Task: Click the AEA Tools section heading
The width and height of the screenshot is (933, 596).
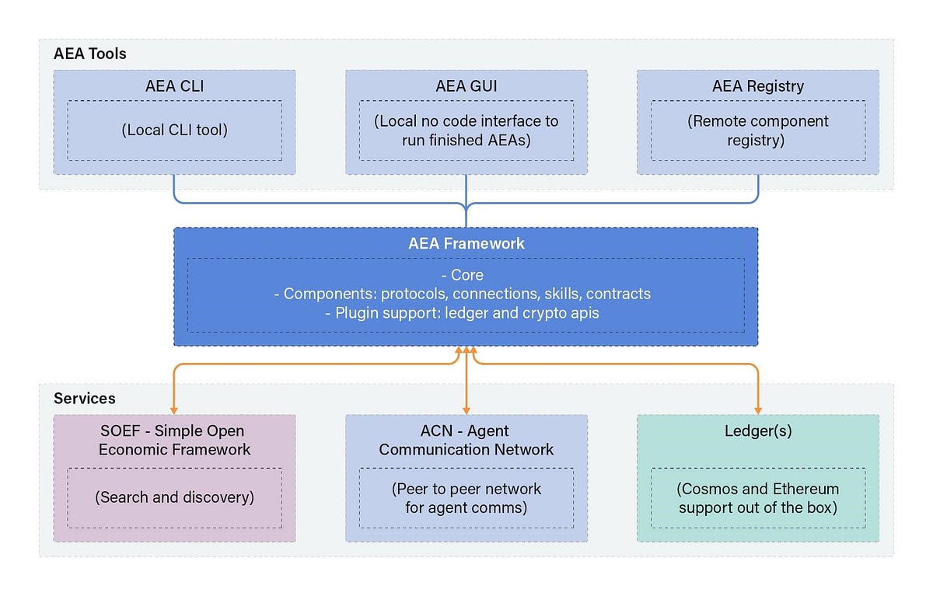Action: click(89, 54)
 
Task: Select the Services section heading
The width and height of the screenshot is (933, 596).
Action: click(84, 399)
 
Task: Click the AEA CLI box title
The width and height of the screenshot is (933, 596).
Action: click(174, 86)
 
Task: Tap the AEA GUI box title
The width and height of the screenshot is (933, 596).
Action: click(466, 86)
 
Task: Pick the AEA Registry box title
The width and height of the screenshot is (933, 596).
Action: click(757, 86)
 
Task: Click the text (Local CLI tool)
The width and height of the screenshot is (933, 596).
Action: click(174, 130)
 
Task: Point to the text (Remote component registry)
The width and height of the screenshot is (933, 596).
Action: click(757, 131)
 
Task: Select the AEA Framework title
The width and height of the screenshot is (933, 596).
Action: click(466, 243)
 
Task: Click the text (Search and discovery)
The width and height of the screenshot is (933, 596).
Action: click(174, 497)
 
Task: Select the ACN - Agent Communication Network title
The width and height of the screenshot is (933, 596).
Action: click(466, 440)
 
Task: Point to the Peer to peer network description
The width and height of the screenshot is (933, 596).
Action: click(466, 498)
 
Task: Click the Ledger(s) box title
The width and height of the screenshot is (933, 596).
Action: click(757, 430)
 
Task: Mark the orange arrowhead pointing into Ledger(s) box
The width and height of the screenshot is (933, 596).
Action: click(757, 410)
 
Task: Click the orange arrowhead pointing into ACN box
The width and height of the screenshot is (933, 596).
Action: click(466, 410)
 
